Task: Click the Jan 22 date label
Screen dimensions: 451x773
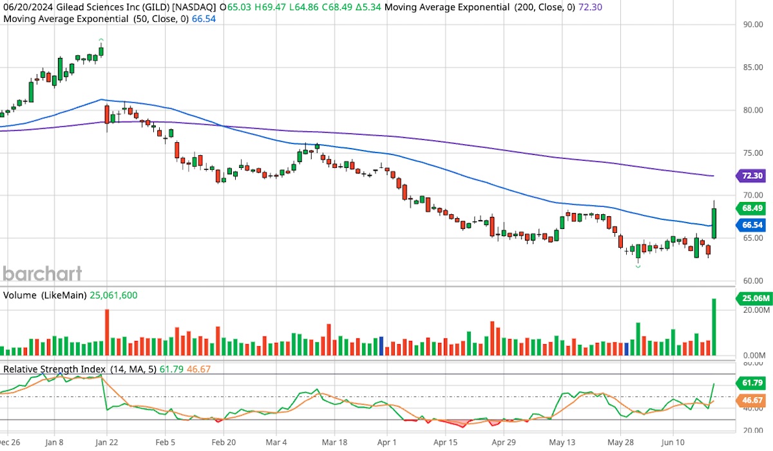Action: [106, 443]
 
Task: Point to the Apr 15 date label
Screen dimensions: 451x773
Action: [445, 443]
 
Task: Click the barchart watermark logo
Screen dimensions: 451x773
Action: [43, 273]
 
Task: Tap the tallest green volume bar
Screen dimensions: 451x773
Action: [714, 327]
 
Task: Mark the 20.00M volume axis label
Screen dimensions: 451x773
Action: [752, 310]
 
